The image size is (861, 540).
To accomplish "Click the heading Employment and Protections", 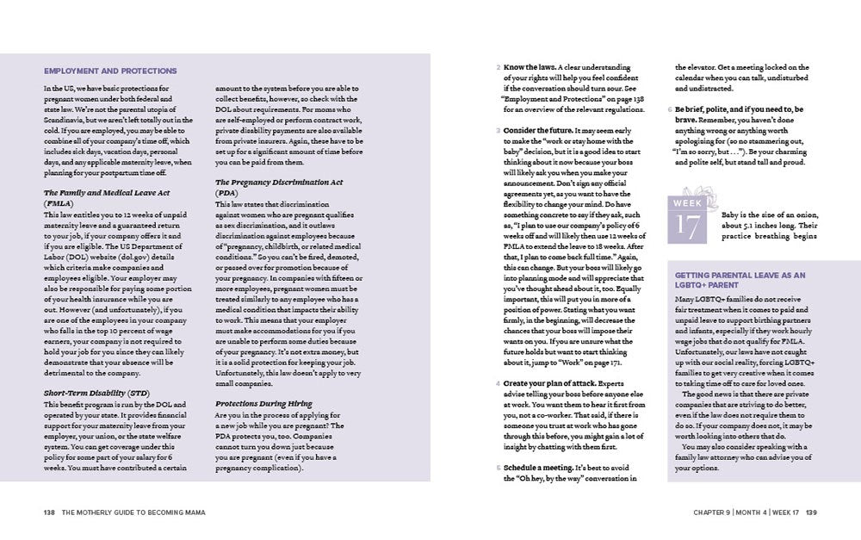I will [110, 71].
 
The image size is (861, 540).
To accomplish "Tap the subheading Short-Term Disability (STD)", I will [94, 392].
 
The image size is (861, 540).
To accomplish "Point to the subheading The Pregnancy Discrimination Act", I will [279, 183].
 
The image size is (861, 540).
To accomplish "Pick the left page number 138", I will [49, 512].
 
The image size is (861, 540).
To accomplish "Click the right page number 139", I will [811, 512].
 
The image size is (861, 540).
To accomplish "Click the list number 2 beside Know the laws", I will [499, 67].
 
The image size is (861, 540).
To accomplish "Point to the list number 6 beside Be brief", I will [670, 109].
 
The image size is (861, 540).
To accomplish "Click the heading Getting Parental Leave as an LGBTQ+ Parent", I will [740, 280].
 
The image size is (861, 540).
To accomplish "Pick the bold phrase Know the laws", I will [529, 67].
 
